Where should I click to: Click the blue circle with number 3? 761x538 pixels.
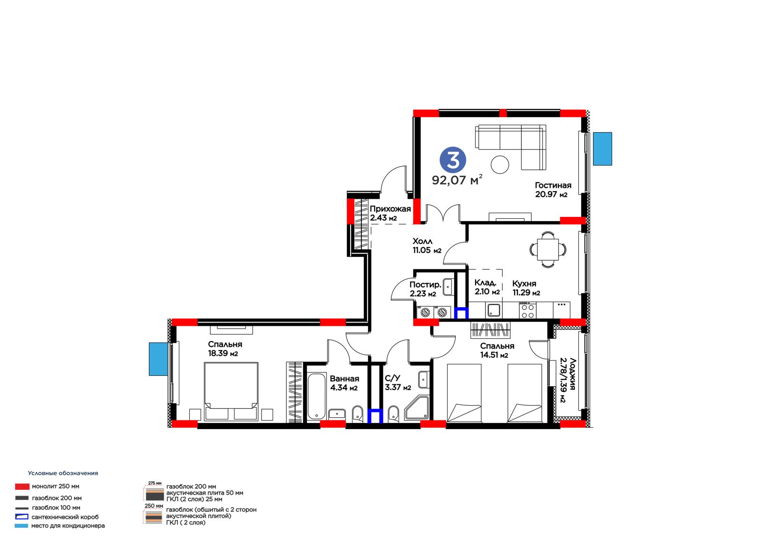[x=452, y=160]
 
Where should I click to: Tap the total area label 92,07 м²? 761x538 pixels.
[x=457, y=179]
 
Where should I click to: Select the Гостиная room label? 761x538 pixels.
[x=553, y=185]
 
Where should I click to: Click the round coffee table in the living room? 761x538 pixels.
[x=500, y=165]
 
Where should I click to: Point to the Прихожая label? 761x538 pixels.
[x=390, y=209]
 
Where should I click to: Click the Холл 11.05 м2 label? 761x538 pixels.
[x=427, y=246]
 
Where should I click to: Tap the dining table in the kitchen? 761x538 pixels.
[x=547, y=249]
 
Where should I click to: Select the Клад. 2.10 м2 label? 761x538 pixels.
[x=487, y=287]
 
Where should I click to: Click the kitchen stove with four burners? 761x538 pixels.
[x=527, y=311]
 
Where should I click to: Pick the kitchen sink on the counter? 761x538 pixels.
[x=494, y=310]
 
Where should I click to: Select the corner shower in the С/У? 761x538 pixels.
[x=417, y=408]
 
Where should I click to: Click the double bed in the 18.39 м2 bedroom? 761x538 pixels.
[x=231, y=391]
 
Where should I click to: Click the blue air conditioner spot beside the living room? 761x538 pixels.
[x=602, y=149]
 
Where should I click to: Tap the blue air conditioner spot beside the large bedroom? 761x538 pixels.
[x=158, y=359]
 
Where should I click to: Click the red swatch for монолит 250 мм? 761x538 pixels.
[x=22, y=487]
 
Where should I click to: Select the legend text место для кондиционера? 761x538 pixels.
[x=68, y=526]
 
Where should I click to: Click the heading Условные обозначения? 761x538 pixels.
[x=63, y=473]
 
